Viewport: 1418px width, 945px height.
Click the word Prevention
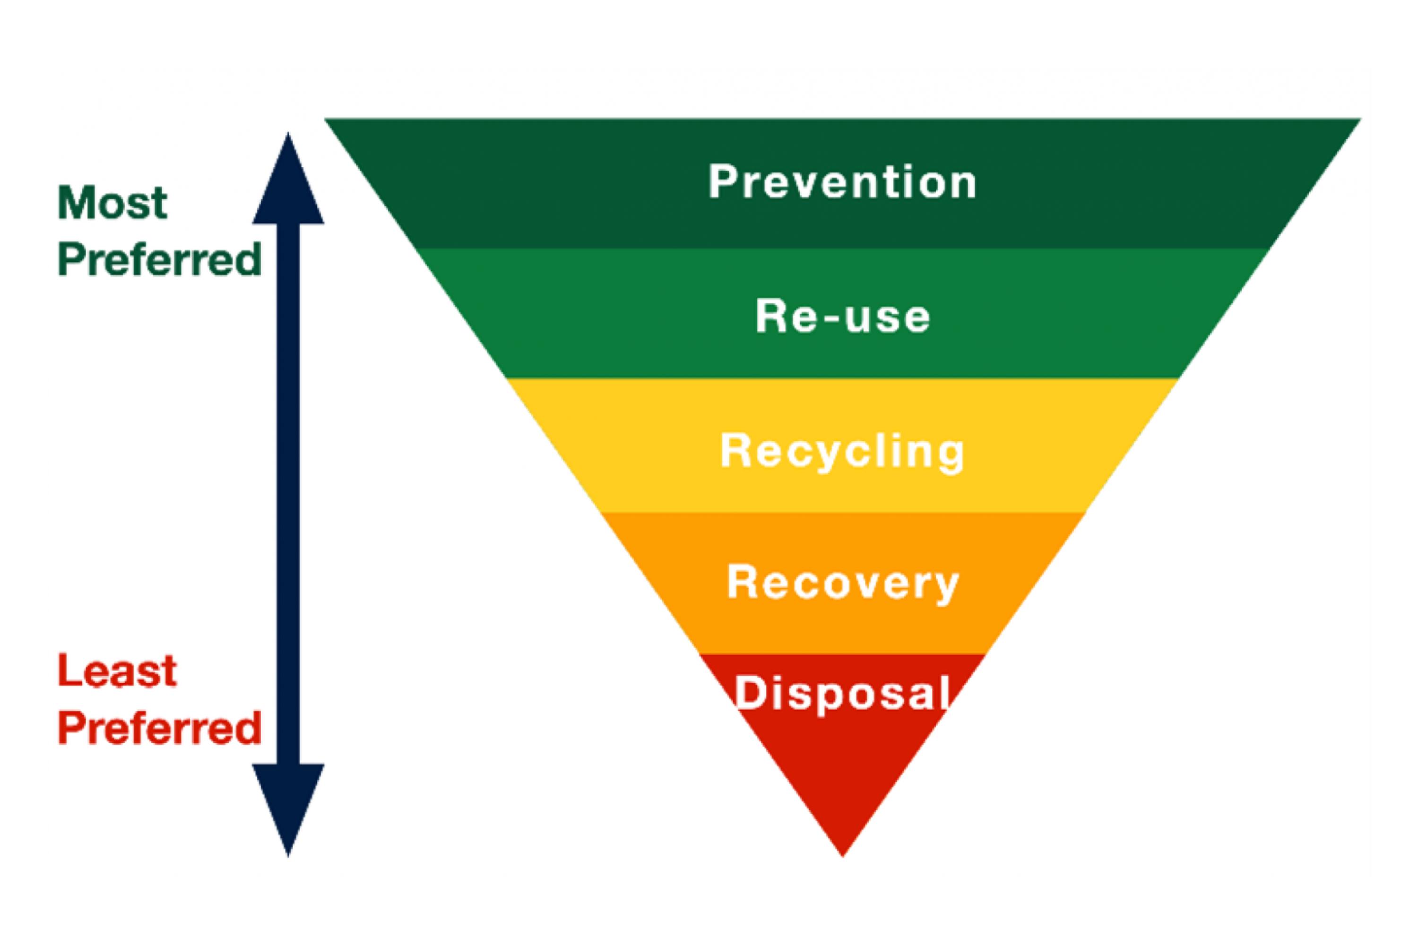tap(842, 181)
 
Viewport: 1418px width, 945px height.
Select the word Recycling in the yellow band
tap(842, 451)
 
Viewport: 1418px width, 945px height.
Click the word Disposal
tap(842, 693)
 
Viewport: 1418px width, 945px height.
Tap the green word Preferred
tap(160, 260)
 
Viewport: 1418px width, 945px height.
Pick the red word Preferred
tap(160, 728)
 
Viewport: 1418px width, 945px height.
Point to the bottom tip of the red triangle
tap(842, 853)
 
